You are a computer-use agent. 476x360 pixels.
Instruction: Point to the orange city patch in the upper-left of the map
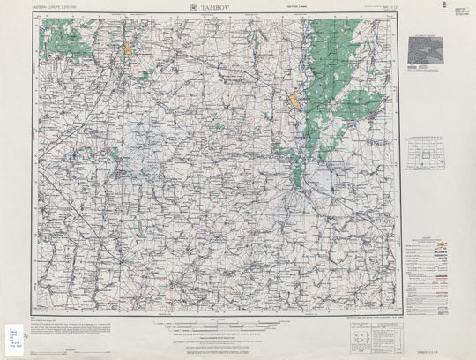click(x=128, y=50)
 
